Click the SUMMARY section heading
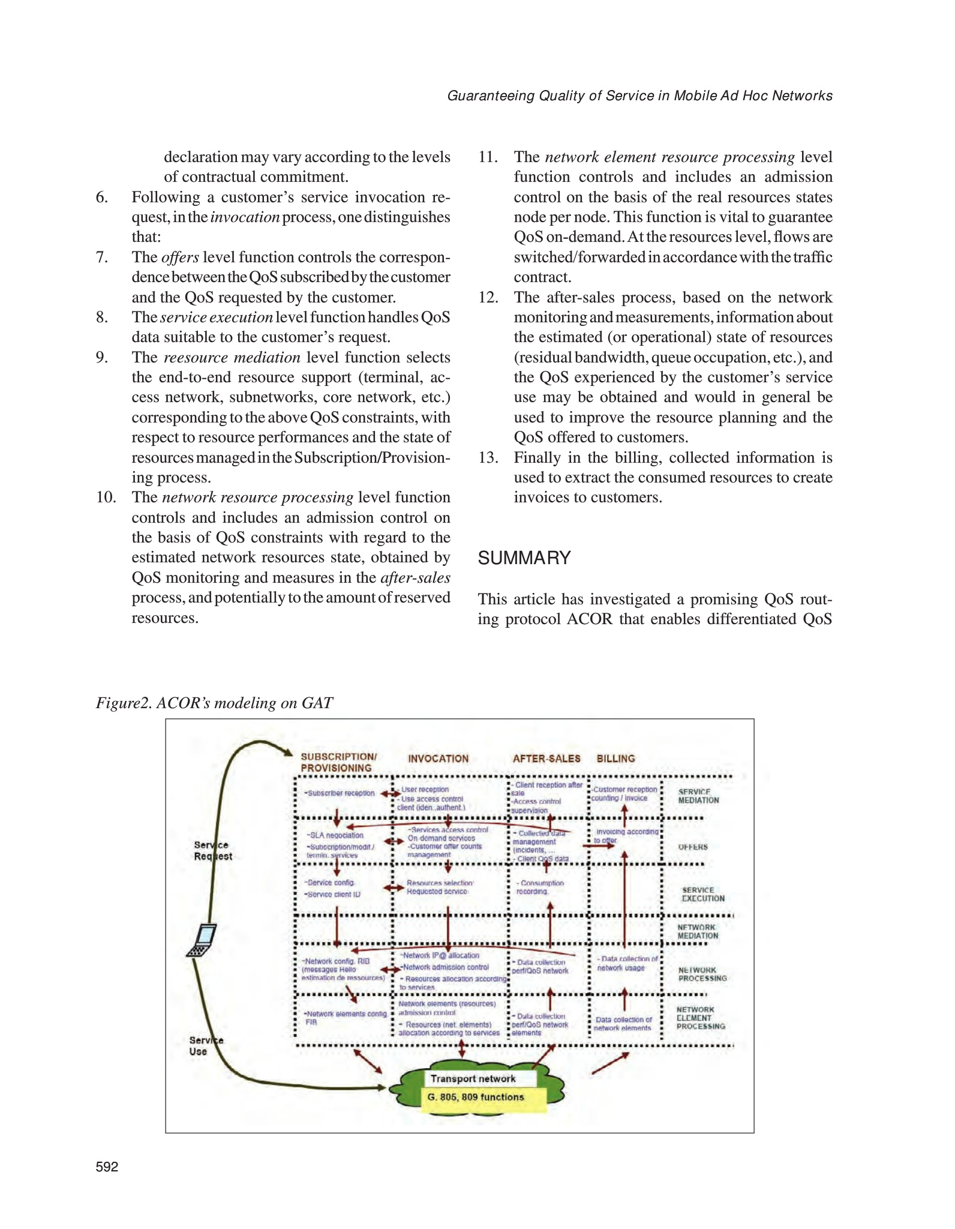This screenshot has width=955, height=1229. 524,557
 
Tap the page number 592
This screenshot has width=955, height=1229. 107,1167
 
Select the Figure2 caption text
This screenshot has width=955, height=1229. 214,703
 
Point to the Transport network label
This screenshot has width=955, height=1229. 473,1078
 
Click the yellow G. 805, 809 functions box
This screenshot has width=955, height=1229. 476,1097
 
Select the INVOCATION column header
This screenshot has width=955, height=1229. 438,759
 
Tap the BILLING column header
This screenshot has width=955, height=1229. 615,759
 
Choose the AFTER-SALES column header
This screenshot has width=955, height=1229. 546,759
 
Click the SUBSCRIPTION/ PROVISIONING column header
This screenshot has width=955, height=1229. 338,762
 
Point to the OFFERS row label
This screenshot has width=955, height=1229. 693,847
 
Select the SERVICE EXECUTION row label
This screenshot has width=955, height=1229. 702,894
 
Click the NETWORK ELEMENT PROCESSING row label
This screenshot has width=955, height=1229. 700,1018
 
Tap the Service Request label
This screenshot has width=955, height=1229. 212,850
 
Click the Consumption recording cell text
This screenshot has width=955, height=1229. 539,887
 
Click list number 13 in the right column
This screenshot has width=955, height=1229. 488,457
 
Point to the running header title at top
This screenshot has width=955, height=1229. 639,96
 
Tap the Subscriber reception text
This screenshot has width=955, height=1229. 340,793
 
